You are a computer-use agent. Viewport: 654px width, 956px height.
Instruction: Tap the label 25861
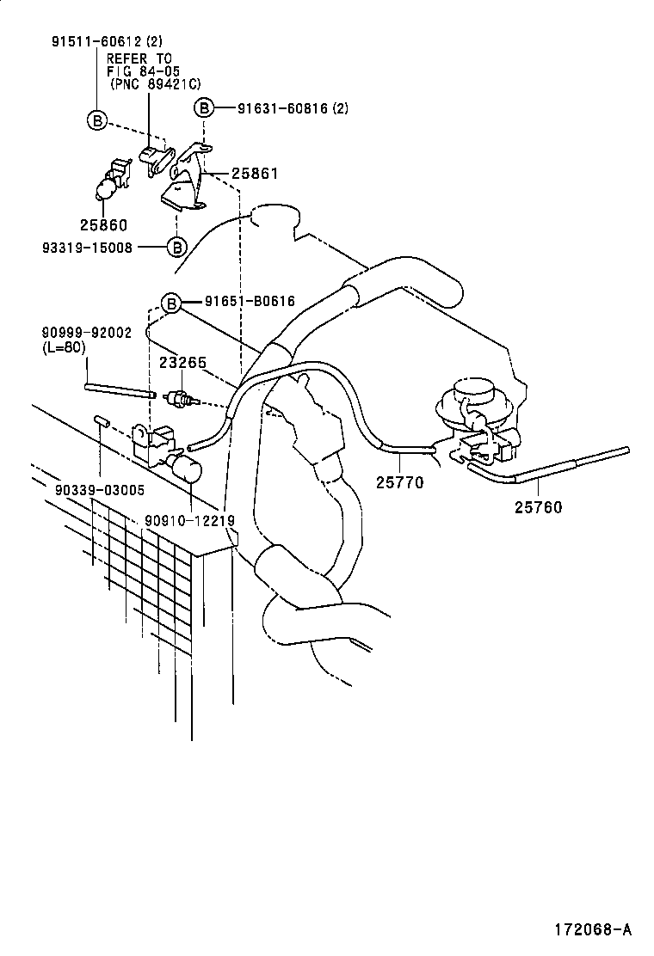click(x=254, y=174)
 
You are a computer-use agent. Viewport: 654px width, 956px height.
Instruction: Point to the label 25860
click(x=103, y=225)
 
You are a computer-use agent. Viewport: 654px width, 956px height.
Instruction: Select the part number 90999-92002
click(x=86, y=333)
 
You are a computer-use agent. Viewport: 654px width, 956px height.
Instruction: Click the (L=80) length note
click(x=65, y=347)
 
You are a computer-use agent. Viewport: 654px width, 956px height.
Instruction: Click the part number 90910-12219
click(x=189, y=521)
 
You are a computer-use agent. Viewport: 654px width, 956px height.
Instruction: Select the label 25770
click(x=399, y=482)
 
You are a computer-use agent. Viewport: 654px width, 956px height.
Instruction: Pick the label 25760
click(x=538, y=507)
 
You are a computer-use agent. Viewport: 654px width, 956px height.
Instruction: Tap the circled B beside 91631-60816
click(x=204, y=108)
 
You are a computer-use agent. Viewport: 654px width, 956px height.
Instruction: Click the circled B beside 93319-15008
click(x=176, y=248)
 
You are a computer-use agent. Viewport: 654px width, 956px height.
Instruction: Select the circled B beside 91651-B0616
click(x=171, y=303)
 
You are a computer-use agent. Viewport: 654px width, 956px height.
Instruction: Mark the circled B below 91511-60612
click(x=97, y=121)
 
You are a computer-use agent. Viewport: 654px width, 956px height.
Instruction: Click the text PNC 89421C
click(x=155, y=84)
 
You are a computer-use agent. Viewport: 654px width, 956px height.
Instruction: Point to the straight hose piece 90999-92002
click(x=120, y=391)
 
